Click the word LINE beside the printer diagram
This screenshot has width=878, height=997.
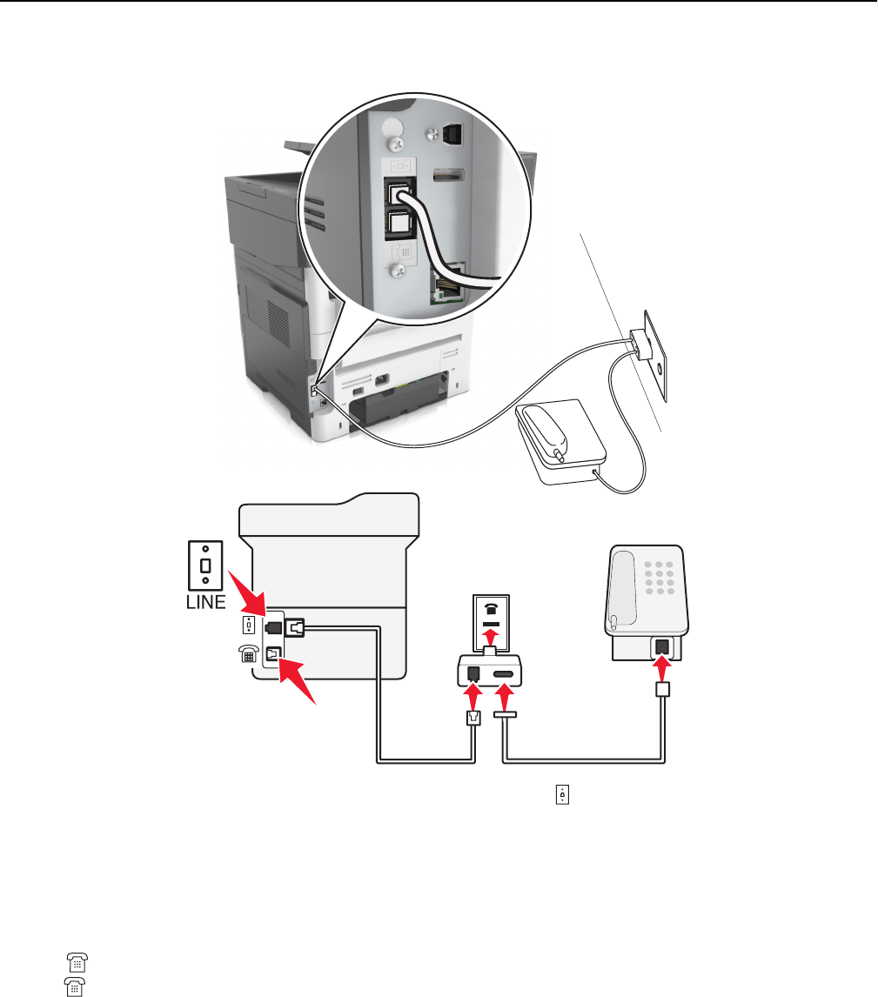(x=204, y=602)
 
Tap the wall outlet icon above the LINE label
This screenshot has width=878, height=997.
(x=205, y=563)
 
